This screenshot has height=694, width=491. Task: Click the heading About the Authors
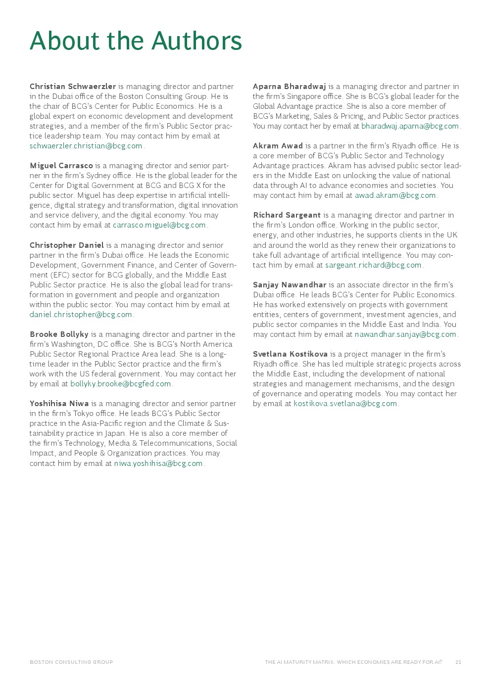pyautogui.click(x=136, y=41)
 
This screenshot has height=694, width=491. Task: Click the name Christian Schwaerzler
pyautogui.click(x=73, y=87)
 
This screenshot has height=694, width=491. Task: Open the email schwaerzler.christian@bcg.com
pyautogui.click(x=86, y=146)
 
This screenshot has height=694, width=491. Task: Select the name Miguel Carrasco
pyautogui.click(x=61, y=166)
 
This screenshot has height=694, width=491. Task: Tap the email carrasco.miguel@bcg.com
pyautogui.click(x=159, y=225)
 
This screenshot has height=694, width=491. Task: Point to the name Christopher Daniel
pyautogui.click(x=67, y=245)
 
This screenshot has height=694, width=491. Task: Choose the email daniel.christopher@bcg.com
pyautogui.click(x=81, y=315)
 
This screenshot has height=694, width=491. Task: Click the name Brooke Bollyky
pyautogui.click(x=59, y=334)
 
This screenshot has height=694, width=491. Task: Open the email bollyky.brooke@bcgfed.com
pyautogui.click(x=120, y=384)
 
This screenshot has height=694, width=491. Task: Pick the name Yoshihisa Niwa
pyautogui.click(x=59, y=404)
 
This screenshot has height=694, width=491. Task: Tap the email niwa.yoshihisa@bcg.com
pyautogui.click(x=158, y=463)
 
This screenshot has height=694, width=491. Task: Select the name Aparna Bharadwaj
pyautogui.click(x=289, y=87)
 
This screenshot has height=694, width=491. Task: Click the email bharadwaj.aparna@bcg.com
pyautogui.click(x=410, y=126)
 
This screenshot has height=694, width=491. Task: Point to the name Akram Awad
pyautogui.click(x=278, y=146)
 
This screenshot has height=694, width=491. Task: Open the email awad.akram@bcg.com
pyautogui.click(x=395, y=195)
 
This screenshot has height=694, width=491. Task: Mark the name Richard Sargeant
pyautogui.click(x=287, y=215)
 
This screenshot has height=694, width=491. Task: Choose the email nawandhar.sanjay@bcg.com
pyautogui.click(x=405, y=334)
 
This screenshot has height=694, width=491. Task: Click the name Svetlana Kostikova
pyautogui.click(x=290, y=354)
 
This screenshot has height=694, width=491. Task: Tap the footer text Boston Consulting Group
pyautogui.click(x=71, y=662)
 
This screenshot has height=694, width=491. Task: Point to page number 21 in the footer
pyautogui.click(x=458, y=662)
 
